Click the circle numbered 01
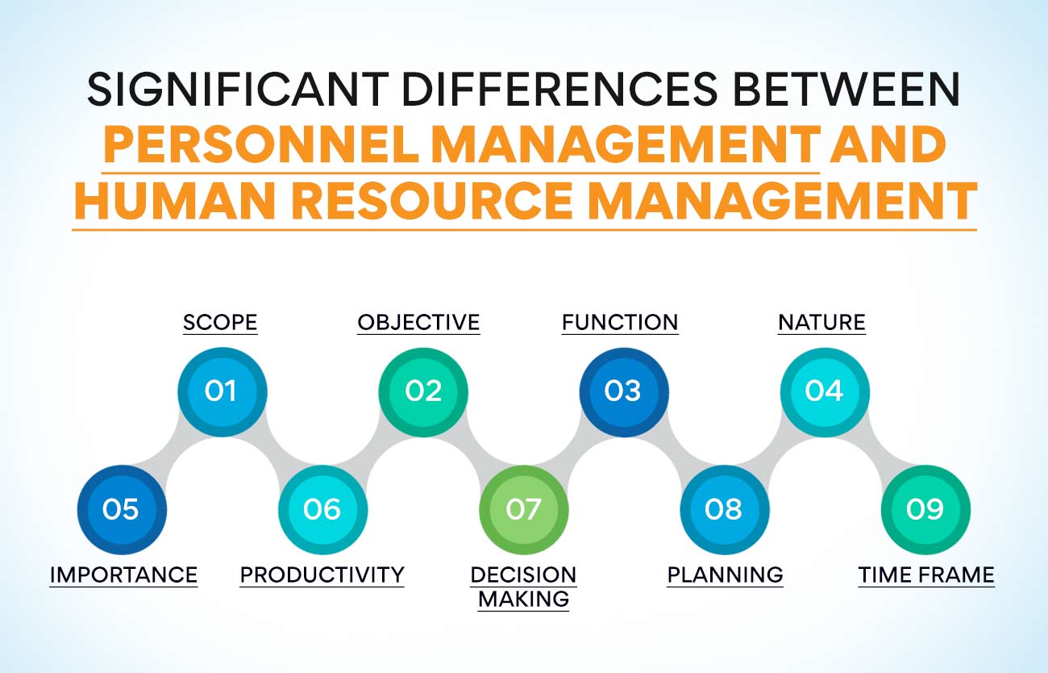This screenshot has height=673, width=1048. (x=222, y=391)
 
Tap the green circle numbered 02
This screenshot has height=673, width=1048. (x=423, y=391)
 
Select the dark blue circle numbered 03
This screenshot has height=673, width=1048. (x=623, y=391)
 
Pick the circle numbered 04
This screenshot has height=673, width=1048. (x=824, y=391)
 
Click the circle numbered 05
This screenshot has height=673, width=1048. (x=121, y=509)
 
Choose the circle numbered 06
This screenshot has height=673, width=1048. (x=322, y=509)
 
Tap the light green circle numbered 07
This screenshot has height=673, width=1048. (x=523, y=509)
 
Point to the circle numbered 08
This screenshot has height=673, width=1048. (x=724, y=509)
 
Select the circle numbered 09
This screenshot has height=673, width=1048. (x=925, y=509)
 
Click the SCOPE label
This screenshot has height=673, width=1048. (x=220, y=323)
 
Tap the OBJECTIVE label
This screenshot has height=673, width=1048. (x=418, y=323)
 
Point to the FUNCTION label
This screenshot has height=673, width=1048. (x=620, y=323)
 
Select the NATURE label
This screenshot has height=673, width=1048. (x=821, y=323)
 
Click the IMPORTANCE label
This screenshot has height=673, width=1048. (x=123, y=575)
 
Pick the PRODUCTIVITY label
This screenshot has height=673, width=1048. (x=322, y=575)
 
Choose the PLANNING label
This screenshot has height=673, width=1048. (x=725, y=575)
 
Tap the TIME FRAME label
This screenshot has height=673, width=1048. (x=925, y=575)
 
